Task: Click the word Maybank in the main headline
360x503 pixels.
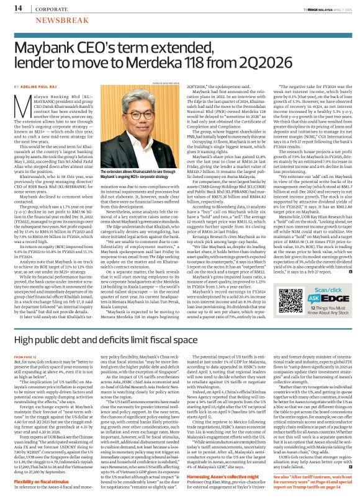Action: (54, 48)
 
